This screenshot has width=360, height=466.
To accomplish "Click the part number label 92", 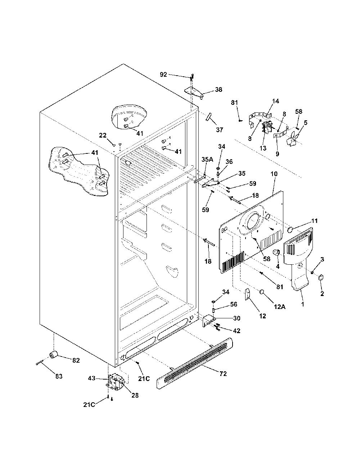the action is (163, 75).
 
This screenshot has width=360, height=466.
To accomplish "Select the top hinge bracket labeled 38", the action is (194, 93).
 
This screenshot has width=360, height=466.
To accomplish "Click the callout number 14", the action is (275, 101).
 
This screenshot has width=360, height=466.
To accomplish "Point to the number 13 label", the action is (263, 148).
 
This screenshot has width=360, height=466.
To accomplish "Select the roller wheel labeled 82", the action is (54, 355).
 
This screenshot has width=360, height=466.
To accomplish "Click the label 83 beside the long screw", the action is (59, 376).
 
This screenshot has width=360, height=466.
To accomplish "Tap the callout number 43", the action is (92, 385).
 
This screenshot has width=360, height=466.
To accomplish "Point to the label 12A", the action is (280, 307).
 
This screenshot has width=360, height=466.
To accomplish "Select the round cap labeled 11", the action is (291, 230).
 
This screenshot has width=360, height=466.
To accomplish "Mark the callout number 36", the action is (229, 161).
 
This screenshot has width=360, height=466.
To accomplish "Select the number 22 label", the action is (103, 135).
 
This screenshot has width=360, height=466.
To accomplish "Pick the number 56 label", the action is (233, 304).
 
